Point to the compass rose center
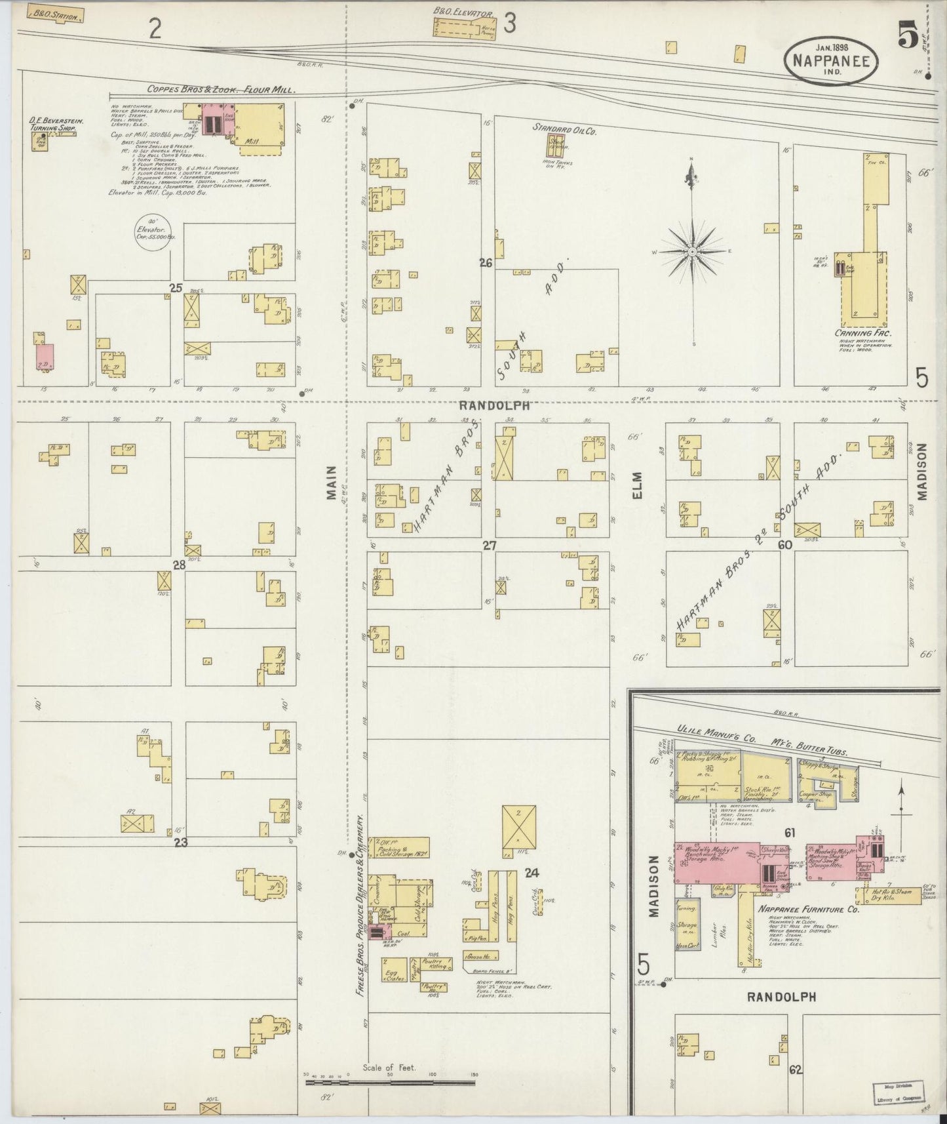pyautogui.click(x=692, y=251)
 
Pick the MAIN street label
pyautogui.click(x=330, y=484)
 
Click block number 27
pyautogui.click(x=490, y=545)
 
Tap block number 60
pyautogui.click(x=785, y=544)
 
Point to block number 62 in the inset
pyautogui.click(x=796, y=1070)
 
